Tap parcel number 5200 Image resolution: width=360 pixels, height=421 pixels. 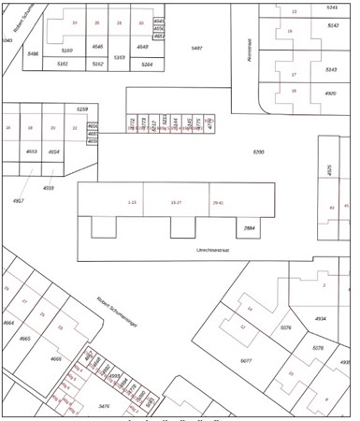point(259,152)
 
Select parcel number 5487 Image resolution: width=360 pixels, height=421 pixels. point(196,47)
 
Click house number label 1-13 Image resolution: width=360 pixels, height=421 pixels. point(131,202)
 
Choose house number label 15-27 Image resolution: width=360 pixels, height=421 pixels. point(176,202)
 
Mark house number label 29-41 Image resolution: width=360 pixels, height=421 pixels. point(218,202)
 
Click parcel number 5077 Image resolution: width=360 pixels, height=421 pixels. point(247,360)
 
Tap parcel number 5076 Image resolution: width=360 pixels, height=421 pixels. point(286,327)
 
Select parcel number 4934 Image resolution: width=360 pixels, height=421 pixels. point(321,318)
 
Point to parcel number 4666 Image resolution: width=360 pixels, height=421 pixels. point(56,358)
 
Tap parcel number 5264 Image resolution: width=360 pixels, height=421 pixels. point(147,65)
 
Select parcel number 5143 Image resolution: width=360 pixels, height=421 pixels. point(331,69)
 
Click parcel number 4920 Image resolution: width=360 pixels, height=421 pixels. point(330,94)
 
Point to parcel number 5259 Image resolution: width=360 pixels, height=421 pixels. point(82,109)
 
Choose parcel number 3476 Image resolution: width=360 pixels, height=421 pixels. point(104,406)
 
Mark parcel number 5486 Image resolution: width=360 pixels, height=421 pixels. point(34,54)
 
